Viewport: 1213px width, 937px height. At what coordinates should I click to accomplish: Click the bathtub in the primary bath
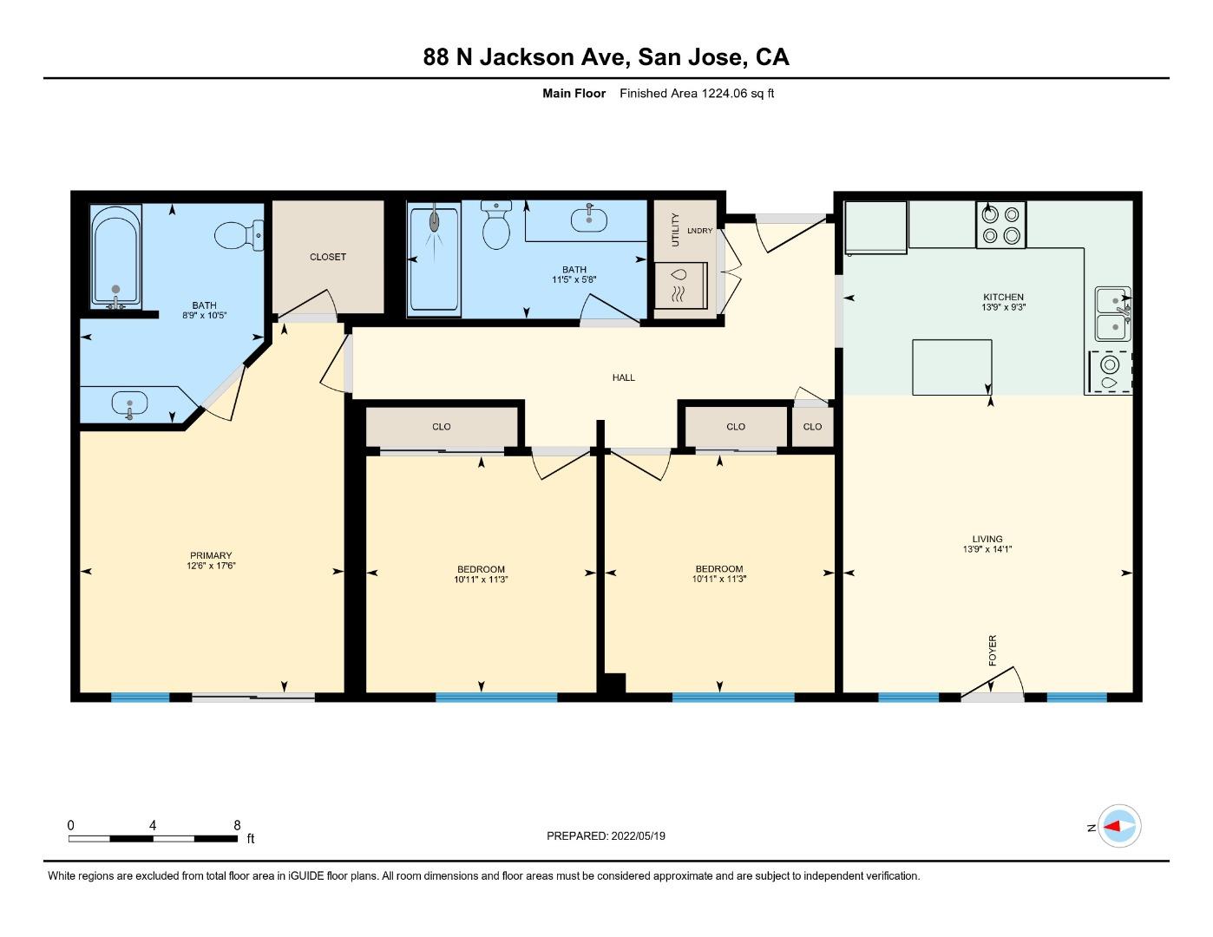pos(115,257)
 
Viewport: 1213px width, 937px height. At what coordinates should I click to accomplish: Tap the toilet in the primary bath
pos(239,235)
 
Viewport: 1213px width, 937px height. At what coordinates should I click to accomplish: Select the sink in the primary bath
pos(129,404)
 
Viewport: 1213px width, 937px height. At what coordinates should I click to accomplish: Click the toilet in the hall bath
pos(495,226)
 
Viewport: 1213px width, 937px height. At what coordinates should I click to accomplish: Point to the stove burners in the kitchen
pos(1001,225)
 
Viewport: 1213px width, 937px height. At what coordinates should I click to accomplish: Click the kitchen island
pos(953,367)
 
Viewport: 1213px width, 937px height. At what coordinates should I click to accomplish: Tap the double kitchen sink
pos(1112,314)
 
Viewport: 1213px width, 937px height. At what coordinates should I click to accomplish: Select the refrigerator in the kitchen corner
pos(875,227)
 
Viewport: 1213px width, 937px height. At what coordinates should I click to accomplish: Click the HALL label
pos(624,377)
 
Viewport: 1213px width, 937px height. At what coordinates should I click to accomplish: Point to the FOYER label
pos(993,650)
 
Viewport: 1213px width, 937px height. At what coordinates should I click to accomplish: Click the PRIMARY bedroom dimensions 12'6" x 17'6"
pos(211,566)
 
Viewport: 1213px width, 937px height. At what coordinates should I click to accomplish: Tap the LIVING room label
pos(987,539)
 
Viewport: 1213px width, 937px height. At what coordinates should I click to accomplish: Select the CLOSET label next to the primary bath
pos(328,257)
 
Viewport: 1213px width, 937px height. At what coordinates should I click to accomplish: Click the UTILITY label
pos(675,229)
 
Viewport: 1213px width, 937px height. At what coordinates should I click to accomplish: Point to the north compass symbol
pos(1118,827)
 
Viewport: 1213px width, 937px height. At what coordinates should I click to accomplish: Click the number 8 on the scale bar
pos(237,825)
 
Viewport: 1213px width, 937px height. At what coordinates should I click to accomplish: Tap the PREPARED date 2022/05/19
pos(638,836)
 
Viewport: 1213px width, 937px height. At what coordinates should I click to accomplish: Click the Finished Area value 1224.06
pos(724,93)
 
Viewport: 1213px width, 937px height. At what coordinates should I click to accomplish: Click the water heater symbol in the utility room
pos(680,285)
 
